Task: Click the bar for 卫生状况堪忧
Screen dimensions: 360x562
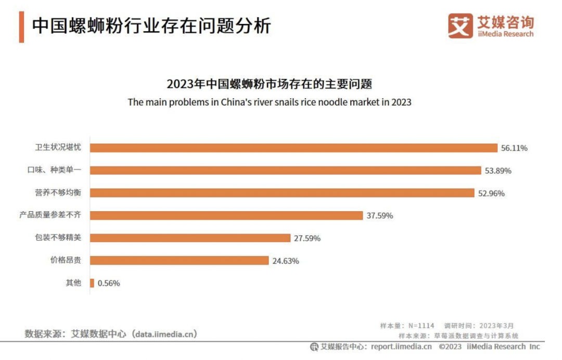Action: [x=293, y=148]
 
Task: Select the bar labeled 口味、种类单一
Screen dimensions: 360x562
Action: [x=285, y=170]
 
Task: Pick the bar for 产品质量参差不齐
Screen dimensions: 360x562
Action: [x=226, y=215]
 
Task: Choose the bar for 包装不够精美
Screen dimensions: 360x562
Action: [x=190, y=238]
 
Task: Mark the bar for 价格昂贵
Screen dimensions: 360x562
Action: [x=179, y=261]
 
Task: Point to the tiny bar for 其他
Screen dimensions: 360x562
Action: [x=92, y=283]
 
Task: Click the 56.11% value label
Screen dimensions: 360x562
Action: [x=514, y=148]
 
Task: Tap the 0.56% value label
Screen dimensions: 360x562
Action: [x=109, y=284]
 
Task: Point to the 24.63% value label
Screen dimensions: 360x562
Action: [x=285, y=261]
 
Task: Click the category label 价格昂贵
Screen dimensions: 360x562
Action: [x=66, y=261]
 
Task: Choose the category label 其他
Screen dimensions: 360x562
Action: [x=73, y=283]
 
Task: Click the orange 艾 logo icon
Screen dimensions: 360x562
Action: [x=461, y=25]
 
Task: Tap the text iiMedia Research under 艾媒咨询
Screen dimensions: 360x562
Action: [x=505, y=34]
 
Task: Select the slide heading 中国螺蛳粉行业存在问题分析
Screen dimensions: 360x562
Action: [x=151, y=26]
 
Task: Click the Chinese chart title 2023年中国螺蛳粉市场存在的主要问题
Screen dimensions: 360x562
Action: [x=270, y=84]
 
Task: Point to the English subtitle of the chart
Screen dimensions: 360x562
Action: [x=270, y=102]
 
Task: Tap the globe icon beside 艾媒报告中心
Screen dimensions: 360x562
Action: [x=314, y=346]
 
